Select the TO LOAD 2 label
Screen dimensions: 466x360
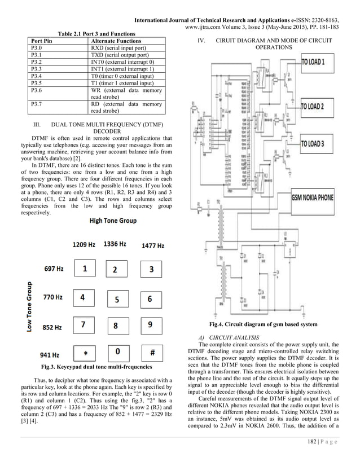319,107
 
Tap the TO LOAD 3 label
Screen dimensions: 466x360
320,144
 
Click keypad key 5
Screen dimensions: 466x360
117,300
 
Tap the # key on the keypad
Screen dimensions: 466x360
152,352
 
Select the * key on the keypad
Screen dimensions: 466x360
85,353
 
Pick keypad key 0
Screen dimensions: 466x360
117,352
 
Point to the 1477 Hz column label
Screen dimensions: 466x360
152,246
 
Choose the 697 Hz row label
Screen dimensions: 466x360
54,269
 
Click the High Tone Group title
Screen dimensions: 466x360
112,221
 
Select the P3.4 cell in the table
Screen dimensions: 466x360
37,76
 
